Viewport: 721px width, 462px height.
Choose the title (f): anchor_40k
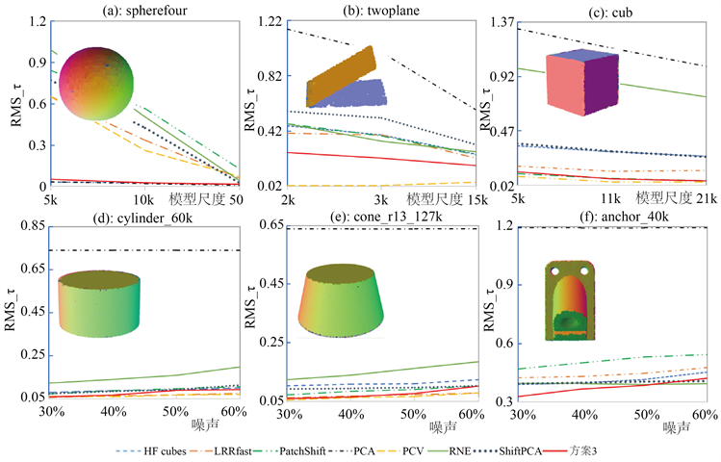tap(609, 215)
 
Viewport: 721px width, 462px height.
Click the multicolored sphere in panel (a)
tap(96, 84)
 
